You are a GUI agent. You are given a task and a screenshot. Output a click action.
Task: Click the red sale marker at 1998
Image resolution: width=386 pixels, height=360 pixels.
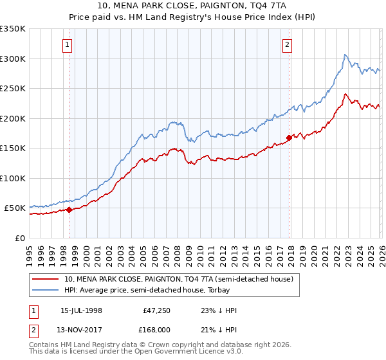tap(69, 210)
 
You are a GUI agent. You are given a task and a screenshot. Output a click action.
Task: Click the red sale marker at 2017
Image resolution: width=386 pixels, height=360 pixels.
tap(289, 137)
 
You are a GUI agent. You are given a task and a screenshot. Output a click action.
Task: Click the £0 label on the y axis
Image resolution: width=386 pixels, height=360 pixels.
tap(19, 238)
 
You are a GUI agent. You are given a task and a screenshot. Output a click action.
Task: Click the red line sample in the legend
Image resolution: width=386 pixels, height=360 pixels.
tap(46, 279)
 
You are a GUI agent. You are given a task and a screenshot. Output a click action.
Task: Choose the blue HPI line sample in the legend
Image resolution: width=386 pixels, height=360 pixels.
tap(46, 290)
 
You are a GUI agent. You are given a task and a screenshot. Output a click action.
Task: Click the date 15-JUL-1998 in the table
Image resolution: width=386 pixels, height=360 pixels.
tap(81, 310)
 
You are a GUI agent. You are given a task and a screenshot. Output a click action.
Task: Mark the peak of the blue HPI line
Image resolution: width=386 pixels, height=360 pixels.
tap(345, 55)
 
